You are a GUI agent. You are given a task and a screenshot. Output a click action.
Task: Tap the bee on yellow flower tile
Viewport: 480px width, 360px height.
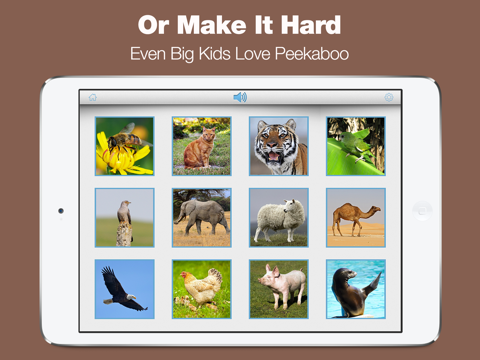click(x=124, y=146)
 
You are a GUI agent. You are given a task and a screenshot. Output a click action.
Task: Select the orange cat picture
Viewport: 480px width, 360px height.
click(x=201, y=146)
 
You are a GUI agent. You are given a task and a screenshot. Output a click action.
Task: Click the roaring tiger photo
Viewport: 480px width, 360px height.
click(x=278, y=146)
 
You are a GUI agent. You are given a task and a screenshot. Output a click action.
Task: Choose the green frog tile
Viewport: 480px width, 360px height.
click(x=355, y=146)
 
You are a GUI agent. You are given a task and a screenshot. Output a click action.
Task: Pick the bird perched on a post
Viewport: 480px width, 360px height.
click(x=124, y=217)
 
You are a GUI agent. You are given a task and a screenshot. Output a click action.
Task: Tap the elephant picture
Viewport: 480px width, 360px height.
click(x=201, y=217)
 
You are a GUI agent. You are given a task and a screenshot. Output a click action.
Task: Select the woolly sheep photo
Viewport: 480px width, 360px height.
click(x=278, y=217)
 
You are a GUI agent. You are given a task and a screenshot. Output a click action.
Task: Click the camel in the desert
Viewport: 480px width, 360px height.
click(x=355, y=217)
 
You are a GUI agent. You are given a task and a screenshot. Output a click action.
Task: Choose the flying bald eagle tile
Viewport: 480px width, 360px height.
click(x=124, y=289)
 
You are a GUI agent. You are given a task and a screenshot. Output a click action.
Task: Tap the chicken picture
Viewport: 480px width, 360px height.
click(x=201, y=289)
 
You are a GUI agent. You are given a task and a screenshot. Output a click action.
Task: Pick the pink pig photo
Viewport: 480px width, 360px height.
click(x=278, y=289)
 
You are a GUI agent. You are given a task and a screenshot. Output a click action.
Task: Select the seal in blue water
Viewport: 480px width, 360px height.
click(x=355, y=289)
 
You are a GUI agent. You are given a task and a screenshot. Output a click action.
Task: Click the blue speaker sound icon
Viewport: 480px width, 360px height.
click(x=240, y=97)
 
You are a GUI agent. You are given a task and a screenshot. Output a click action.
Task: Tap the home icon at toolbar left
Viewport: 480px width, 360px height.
click(x=93, y=98)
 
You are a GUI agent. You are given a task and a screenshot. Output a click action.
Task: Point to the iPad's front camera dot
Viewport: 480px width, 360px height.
click(x=60, y=211)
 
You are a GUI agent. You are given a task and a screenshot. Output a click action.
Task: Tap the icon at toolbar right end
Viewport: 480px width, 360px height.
click(x=389, y=98)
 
